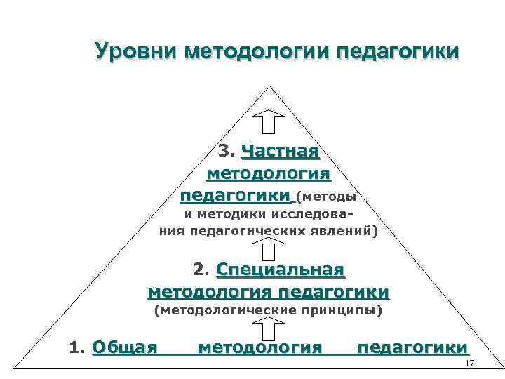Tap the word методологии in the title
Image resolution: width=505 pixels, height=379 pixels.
click(256, 51)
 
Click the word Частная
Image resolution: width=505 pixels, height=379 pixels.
click(281, 151)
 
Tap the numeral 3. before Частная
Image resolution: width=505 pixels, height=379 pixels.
click(227, 151)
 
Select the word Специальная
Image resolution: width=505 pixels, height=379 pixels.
click(281, 270)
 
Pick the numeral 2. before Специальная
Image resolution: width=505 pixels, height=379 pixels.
click(201, 270)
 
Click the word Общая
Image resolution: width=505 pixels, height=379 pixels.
click(124, 347)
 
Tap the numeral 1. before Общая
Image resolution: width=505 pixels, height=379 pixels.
click(78, 347)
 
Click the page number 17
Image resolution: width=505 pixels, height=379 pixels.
click(470, 363)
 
